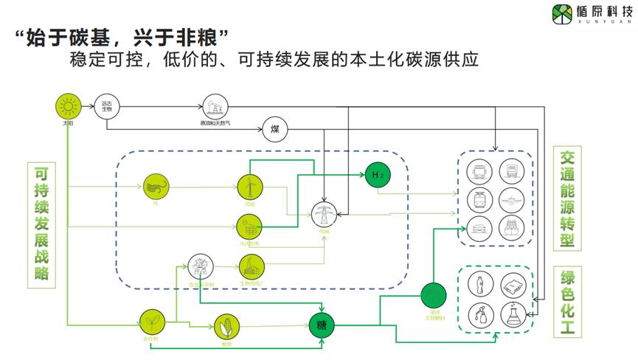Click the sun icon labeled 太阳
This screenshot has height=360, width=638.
[68, 107]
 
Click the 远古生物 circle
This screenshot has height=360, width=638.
[106, 107]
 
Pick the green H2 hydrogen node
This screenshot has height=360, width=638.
[377, 174]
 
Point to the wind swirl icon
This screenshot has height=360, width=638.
[156, 187]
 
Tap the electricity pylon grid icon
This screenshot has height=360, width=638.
[322, 213]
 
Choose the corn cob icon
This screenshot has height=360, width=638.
[226, 325]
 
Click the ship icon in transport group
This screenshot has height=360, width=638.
[511, 227]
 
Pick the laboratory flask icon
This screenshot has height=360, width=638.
[511, 314]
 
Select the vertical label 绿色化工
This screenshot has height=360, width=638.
[569, 303]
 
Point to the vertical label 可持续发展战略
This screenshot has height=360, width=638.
[41, 222]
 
